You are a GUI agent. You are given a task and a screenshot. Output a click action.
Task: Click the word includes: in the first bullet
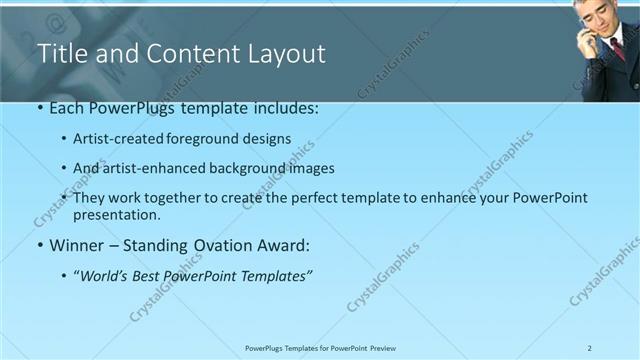pyautogui.click(x=283, y=107)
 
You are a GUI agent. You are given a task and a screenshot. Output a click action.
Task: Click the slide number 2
pyautogui.click(x=589, y=348)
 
